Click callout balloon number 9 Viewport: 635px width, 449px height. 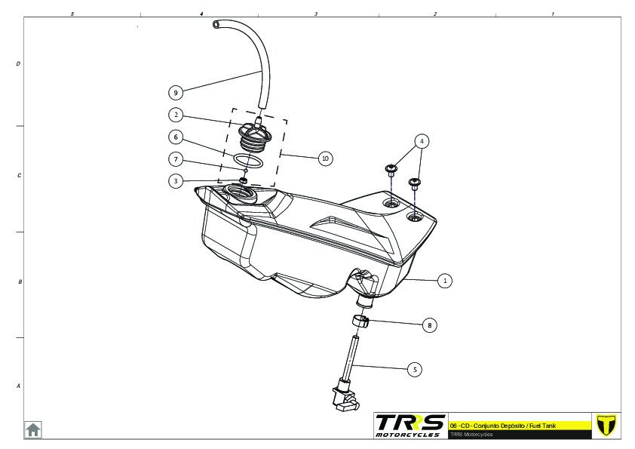pyautogui.click(x=176, y=92)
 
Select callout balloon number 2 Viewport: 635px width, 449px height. pyautogui.click(x=176, y=115)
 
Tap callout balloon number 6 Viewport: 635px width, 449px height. pyautogui.click(x=176, y=137)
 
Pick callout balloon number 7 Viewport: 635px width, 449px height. pyautogui.click(x=176, y=159)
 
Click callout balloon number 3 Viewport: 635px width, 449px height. pyautogui.click(x=176, y=181)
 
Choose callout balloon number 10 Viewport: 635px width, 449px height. pyautogui.click(x=325, y=158)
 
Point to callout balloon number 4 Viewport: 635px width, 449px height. pyautogui.click(x=422, y=141)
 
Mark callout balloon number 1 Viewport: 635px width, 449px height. pyautogui.click(x=445, y=280)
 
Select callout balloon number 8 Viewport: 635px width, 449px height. pyautogui.click(x=429, y=325)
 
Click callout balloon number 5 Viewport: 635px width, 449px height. pyautogui.click(x=414, y=369)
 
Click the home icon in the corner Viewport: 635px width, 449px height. pyautogui.click(x=33, y=429)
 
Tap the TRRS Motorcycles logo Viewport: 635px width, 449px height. pyautogui.click(x=410, y=425)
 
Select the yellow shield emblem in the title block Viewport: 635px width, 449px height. pyautogui.click(x=606, y=425)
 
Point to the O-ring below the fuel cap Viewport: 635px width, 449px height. pyautogui.click(x=248, y=161)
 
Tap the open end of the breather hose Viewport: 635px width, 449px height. pyautogui.click(x=216, y=25)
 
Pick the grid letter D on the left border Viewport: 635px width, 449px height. pyautogui.click(x=18, y=64)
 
